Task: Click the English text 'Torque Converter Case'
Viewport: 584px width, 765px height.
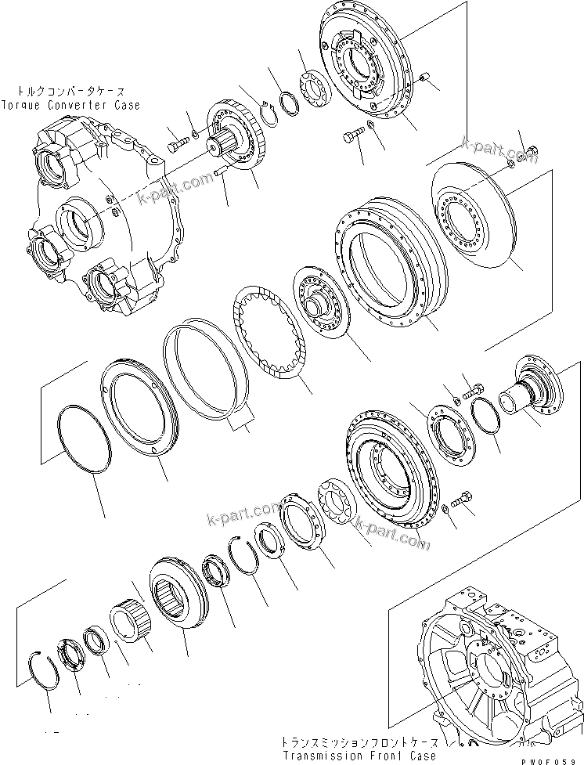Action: [70, 105]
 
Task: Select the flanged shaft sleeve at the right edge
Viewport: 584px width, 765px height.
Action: [537, 392]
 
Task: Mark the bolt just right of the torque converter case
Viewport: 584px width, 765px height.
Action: [177, 144]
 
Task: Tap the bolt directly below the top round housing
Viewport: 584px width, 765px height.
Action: [350, 138]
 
